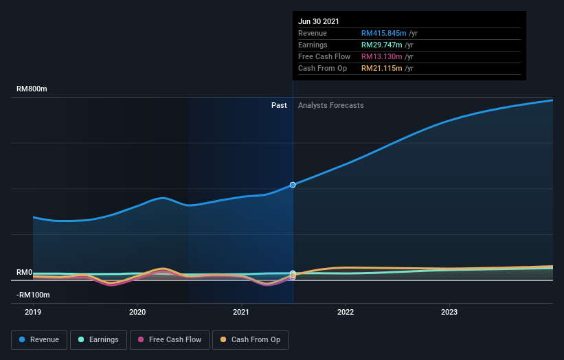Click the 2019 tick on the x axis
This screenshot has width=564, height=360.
pyautogui.click(x=33, y=311)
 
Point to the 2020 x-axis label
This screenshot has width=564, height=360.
pyautogui.click(x=137, y=311)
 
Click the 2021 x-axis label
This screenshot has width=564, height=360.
pyautogui.click(x=241, y=311)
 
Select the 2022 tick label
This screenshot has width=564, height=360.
pyautogui.click(x=345, y=311)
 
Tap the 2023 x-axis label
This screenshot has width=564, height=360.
pyautogui.click(x=449, y=311)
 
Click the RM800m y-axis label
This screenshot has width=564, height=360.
pyautogui.click(x=32, y=89)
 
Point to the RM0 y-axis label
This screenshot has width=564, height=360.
pyautogui.click(x=25, y=273)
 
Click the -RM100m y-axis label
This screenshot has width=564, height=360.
pyautogui.click(x=33, y=295)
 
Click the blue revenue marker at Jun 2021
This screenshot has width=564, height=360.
pyautogui.click(x=293, y=185)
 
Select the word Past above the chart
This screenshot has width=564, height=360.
pyautogui.click(x=279, y=105)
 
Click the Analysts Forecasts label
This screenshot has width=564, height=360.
pyautogui.click(x=330, y=105)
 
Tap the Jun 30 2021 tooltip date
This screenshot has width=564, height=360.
pyautogui.click(x=319, y=21)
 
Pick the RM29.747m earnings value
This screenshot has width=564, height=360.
pyautogui.click(x=382, y=45)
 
